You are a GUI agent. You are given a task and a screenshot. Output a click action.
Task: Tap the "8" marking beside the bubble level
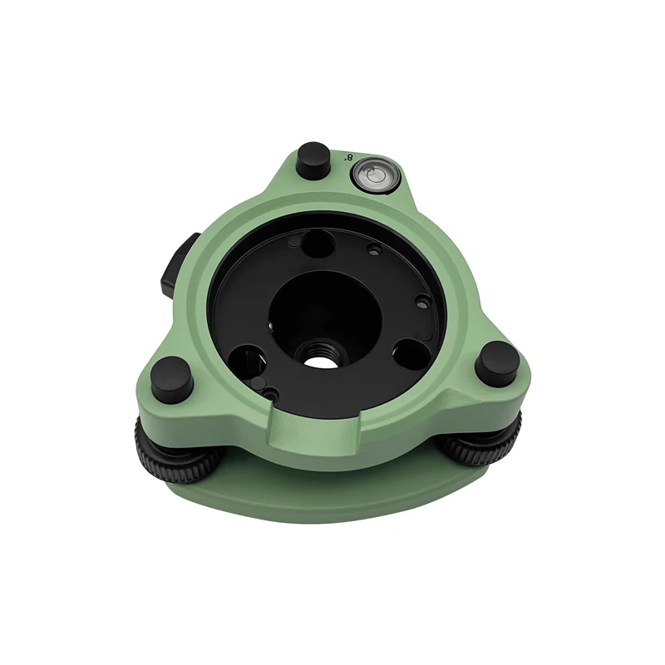coord(349,158)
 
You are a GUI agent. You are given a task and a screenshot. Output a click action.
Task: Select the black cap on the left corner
coord(170,378)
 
